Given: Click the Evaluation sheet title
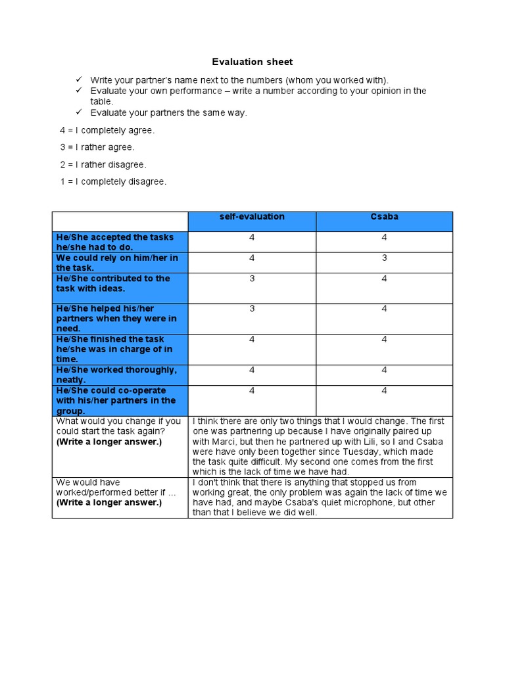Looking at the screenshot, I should coord(252,62).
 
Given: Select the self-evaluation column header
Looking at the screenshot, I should coord(252,217).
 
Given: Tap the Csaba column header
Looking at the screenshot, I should coord(385,217).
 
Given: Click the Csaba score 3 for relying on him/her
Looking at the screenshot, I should coord(385,258).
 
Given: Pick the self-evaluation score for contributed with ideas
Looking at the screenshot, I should coord(252,279).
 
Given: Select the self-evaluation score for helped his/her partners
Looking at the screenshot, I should coord(252,309).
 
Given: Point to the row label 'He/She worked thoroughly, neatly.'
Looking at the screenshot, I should coord(116,375).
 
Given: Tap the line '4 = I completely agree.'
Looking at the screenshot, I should coord(108,130).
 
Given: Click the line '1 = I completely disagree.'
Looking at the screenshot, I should coord(113,181).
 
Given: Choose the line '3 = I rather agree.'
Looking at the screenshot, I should coord(97,147).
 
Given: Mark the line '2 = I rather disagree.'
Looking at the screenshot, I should coord(103,164).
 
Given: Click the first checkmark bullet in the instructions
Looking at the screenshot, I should coord(79,80).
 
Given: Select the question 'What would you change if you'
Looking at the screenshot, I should coord(118,421).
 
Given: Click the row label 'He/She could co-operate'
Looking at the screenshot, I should coord(110,390).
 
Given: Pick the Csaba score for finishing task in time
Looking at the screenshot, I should coord(385,340).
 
